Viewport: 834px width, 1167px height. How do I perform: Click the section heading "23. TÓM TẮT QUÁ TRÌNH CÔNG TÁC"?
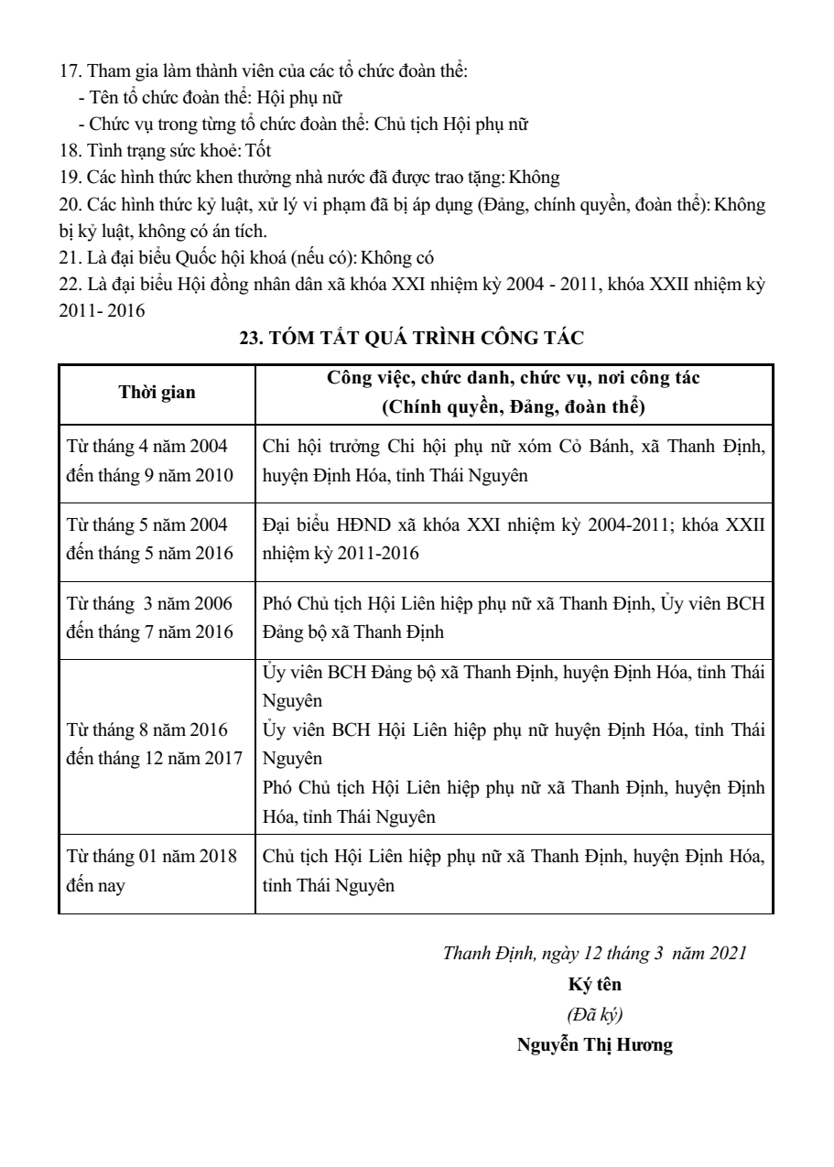coord(411,338)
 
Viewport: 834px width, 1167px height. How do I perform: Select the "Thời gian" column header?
coord(157,392)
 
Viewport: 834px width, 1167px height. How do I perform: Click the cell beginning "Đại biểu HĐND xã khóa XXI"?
coord(513,539)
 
